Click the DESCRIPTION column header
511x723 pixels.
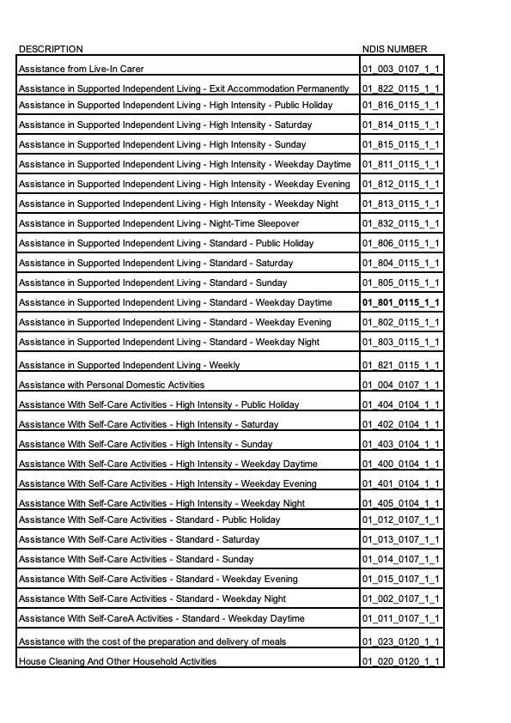tap(51, 49)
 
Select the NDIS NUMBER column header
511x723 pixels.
tap(394, 49)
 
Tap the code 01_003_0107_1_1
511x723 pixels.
tap(400, 69)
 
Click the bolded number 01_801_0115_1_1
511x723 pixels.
tap(400, 303)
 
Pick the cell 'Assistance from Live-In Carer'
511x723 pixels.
tap(82, 69)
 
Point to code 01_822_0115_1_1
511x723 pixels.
tap(400, 88)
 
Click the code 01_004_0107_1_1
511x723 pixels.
tap(400, 386)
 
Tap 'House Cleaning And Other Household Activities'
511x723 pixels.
tap(118, 661)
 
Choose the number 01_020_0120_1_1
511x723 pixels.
tap(400, 661)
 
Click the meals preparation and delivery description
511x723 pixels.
tap(153, 641)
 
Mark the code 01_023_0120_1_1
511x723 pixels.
tap(400, 641)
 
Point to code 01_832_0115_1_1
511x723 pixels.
tap(400, 224)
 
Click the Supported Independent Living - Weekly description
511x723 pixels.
tap(129, 366)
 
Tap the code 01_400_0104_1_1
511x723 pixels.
tap(400, 465)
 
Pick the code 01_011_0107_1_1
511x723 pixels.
tap(400, 619)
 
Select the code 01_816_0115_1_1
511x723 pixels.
tap(400, 106)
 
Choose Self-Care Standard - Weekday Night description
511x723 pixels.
tap(152, 599)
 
